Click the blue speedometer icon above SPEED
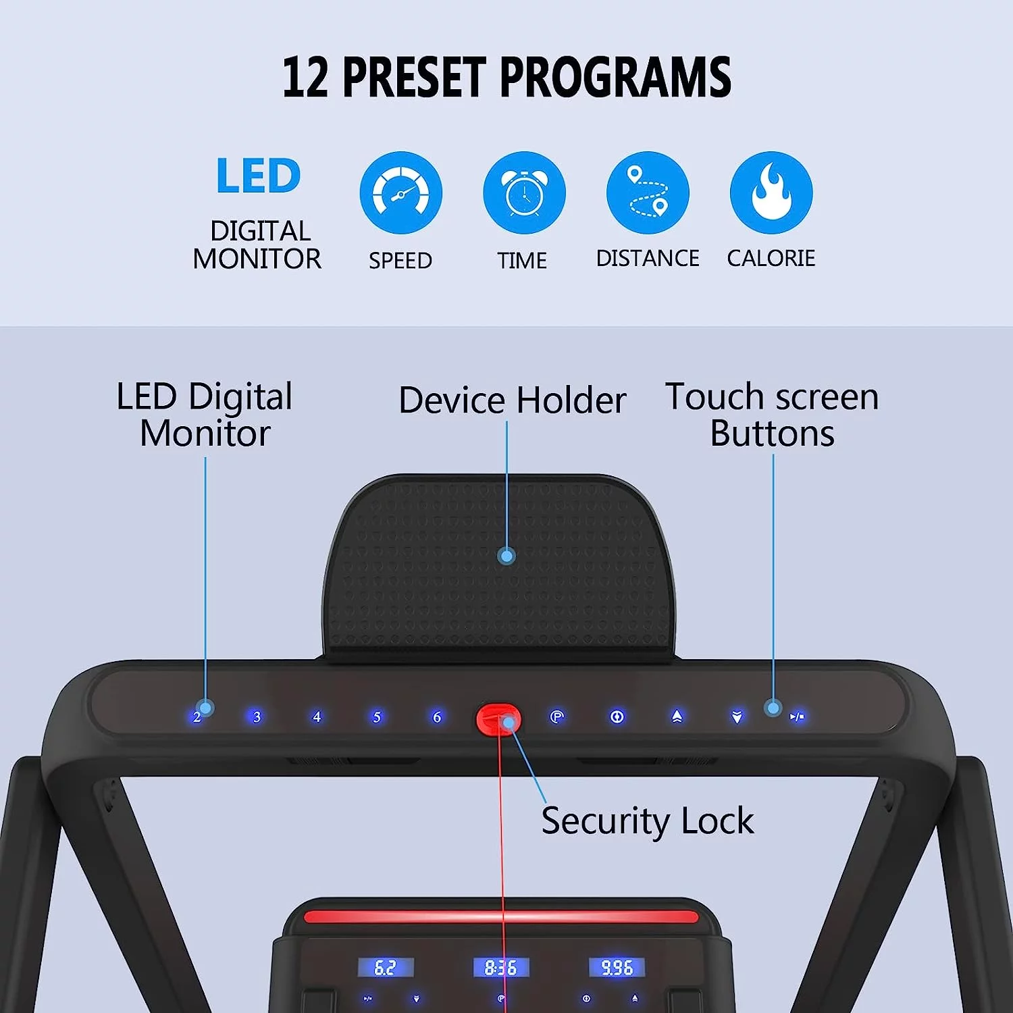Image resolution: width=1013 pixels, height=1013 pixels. pos(400,193)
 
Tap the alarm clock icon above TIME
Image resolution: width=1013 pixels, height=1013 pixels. pos(524,193)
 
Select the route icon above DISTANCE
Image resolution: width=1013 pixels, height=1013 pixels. pos(648,193)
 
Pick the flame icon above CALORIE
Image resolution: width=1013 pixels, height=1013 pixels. pos(771,193)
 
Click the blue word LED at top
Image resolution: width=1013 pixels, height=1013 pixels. pos(258,176)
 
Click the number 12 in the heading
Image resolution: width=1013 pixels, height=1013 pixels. pos(305,78)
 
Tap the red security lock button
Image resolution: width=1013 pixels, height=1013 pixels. pos(498,719)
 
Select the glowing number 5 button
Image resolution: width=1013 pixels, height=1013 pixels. pos(377,717)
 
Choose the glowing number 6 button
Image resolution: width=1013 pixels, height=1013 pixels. pos(437,717)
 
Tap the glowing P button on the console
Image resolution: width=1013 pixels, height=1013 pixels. pos(556,717)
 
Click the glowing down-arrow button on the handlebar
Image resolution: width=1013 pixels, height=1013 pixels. pos(737,717)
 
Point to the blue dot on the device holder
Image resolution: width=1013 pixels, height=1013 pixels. pos(506,556)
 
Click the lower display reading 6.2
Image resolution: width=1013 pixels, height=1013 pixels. pos(385,968)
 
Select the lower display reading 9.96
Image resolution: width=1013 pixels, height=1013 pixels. pos(617,968)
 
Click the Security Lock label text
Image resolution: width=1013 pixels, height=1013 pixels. pos(647,821)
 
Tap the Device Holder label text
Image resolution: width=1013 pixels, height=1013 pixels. pos(512,400)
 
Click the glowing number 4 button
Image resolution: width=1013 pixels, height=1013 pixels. pos(317,717)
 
